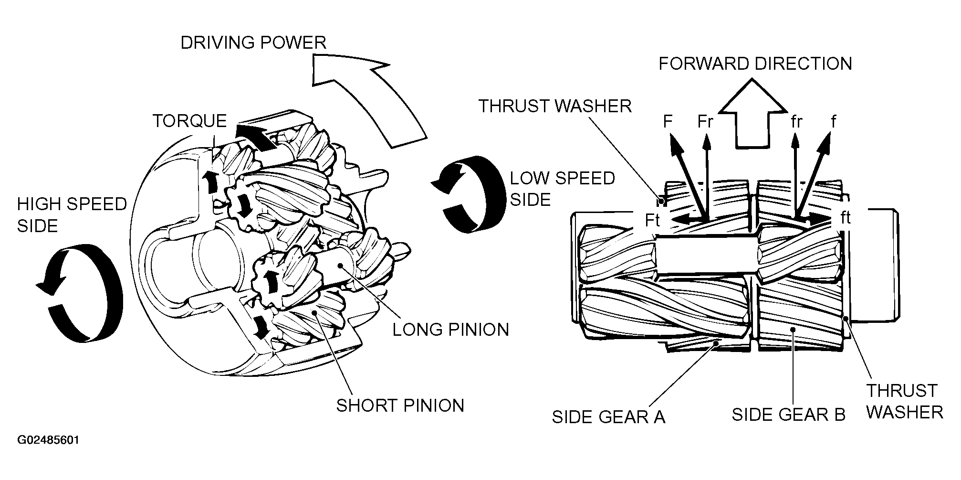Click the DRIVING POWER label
(253, 43)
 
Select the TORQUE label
(189, 121)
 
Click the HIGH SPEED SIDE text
(72, 215)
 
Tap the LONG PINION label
(451, 330)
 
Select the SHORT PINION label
(400, 405)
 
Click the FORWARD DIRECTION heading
(755, 64)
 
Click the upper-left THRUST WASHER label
(555, 106)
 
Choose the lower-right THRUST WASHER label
(904, 401)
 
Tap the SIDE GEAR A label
(608, 417)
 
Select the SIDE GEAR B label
(789, 415)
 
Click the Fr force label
(705, 122)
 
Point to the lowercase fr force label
(796, 122)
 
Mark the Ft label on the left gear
(652, 220)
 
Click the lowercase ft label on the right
(846, 217)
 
